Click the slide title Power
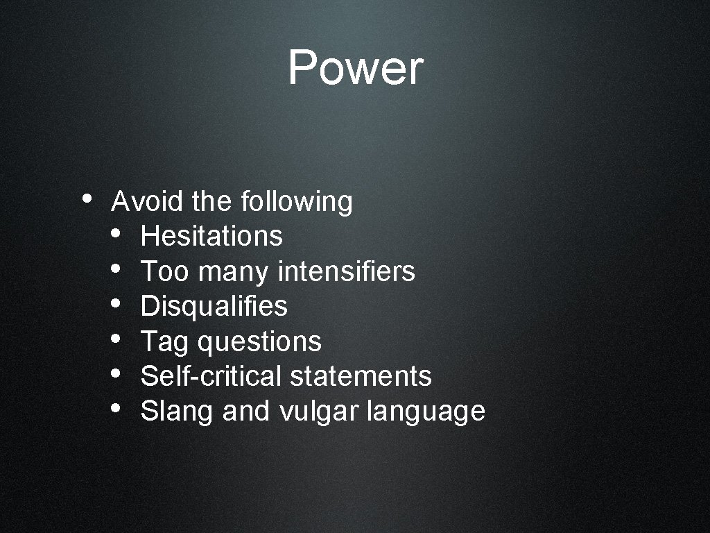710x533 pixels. click(x=355, y=68)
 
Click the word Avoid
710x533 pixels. click(x=147, y=202)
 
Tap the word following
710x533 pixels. click(x=296, y=203)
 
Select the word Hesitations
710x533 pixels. click(x=211, y=237)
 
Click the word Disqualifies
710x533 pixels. click(x=214, y=306)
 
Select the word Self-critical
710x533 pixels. click(x=211, y=376)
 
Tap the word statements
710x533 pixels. click(x=361, y=376)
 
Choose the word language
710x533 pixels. click(x=426, y=412)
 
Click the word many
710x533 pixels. click(x=232, y=273)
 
